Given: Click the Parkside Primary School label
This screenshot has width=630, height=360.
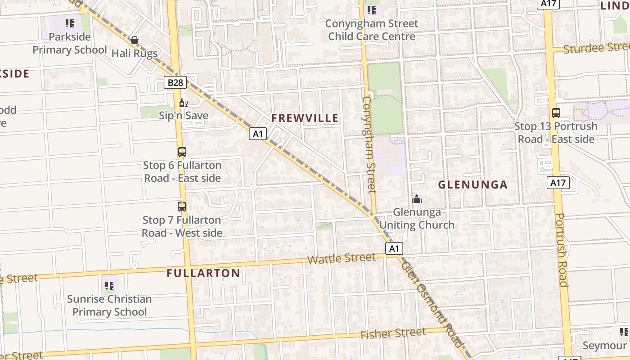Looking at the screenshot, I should tap(70, 43).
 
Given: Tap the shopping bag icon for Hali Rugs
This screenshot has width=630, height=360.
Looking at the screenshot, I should tap(134, 40).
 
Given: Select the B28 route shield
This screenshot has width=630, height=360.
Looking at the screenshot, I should tap(175, 82).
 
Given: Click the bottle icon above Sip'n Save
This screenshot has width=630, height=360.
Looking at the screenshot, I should tap(183, 103).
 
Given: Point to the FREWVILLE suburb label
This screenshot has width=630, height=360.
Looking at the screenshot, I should tap(305, 118).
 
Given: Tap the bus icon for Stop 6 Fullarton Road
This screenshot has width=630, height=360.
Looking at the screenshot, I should tap(182, 152).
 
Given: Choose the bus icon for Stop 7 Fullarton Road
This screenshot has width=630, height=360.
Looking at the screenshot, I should tap(182, 207).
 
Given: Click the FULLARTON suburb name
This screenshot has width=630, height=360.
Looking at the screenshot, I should tap(203, 273).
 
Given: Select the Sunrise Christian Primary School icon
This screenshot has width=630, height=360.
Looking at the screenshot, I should tap(109, 285).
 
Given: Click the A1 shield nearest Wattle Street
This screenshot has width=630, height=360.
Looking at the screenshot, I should tap(394, 249).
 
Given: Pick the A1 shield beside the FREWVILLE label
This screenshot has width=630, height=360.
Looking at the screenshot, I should tap(258, 134).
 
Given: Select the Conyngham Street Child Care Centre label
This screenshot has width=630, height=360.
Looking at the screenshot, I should tap(372, 30).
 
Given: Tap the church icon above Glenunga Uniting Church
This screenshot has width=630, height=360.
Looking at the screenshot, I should tap(417, 198).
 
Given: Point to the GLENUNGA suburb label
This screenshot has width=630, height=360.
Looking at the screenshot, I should tap(472, 184).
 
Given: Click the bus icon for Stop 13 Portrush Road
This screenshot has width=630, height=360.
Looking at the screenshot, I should tap(556, 113).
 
